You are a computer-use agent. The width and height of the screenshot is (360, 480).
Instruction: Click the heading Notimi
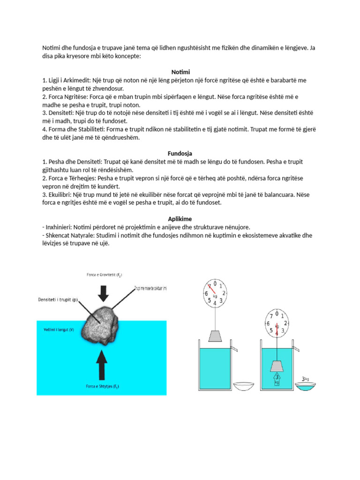pyautogui.click(x=180, y=72)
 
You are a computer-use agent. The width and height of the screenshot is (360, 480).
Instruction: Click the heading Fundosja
pyautogui.click(x=180, y=153)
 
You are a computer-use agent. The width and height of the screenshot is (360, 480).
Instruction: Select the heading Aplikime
pyautogui.click(x=180, y=219)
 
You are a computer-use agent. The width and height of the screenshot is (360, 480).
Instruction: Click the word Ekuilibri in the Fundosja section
pyautogui.click(x=63, y=194)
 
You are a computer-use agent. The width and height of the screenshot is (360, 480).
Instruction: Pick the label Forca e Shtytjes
pyautogui.click(x=102, y=386)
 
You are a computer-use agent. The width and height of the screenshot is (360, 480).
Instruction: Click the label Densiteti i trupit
pyautogui.click(x=59, y=300)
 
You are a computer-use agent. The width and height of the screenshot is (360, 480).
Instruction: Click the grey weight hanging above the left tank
pyautogui.click(x=216, y=336)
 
